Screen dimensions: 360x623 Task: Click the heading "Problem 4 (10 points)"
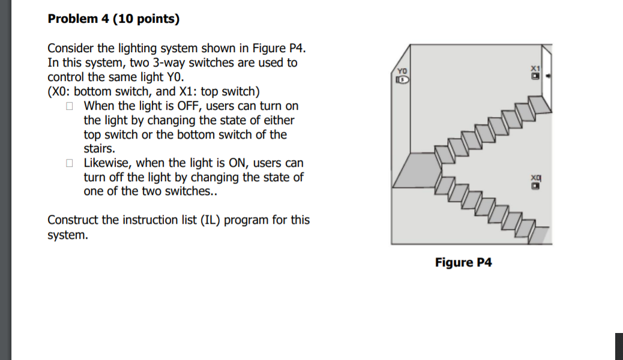coord(113,19)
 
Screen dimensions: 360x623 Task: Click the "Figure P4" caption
coord(463,263)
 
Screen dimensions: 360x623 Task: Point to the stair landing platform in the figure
coord(414,170)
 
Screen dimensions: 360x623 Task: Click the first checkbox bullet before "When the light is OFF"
coord(70,106)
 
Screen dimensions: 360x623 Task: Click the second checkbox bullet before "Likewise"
coord(70,163)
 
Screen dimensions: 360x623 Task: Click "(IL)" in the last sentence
coord(236,220)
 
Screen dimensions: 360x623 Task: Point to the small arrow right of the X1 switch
coord(547,77)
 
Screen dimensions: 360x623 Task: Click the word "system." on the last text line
coord(67,235)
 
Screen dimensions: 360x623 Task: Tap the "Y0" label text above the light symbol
coord(402,71)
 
